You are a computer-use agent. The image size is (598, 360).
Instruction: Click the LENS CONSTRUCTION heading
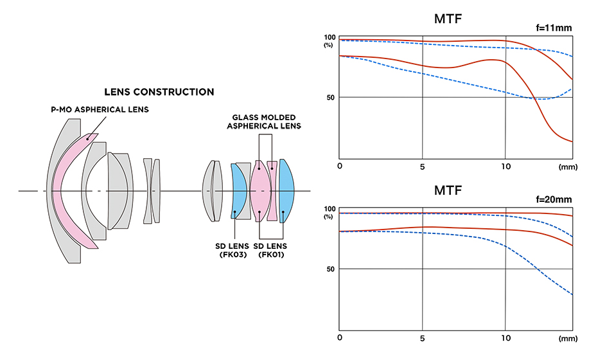coord(159,92)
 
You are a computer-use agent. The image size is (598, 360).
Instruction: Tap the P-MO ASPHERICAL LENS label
coord(100,110)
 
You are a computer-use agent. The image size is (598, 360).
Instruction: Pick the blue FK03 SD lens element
coord(238,191)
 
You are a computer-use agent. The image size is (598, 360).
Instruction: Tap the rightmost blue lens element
coord(286,191)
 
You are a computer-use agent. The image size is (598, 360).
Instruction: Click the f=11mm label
coord(554,28)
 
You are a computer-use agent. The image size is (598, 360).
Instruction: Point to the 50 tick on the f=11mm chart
coord(330,97)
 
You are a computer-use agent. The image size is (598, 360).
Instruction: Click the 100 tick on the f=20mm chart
coord(330,209)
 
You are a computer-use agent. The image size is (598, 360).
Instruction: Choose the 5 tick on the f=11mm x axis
coord(423,166)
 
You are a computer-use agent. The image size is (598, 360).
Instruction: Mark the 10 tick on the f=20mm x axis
coord(506,337)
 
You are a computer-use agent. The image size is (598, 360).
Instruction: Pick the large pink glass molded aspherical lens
coord(259,191)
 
